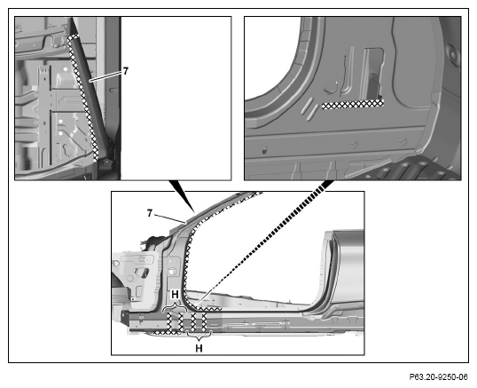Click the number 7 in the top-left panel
(x=125, y=71)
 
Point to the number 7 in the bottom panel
(x=149, y=213)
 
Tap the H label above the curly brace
(x=175, y=295)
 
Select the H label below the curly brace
(x=199, y=348)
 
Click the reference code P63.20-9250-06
(x=438, y=377)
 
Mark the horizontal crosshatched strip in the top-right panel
(x=353, y=105)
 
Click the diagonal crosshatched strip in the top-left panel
(x=82, y=98)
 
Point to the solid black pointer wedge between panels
(x=182, y=196)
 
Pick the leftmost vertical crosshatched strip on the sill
(x=169, y=322)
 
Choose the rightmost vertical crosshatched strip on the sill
(x=204, y=321)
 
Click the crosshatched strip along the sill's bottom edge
(x=165, y=333)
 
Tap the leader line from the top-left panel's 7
(x=106, y=76)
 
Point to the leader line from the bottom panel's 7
(x=169, y=218)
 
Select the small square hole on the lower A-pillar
(x=173, y=271)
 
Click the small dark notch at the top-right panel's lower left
(x=264, y=150)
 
